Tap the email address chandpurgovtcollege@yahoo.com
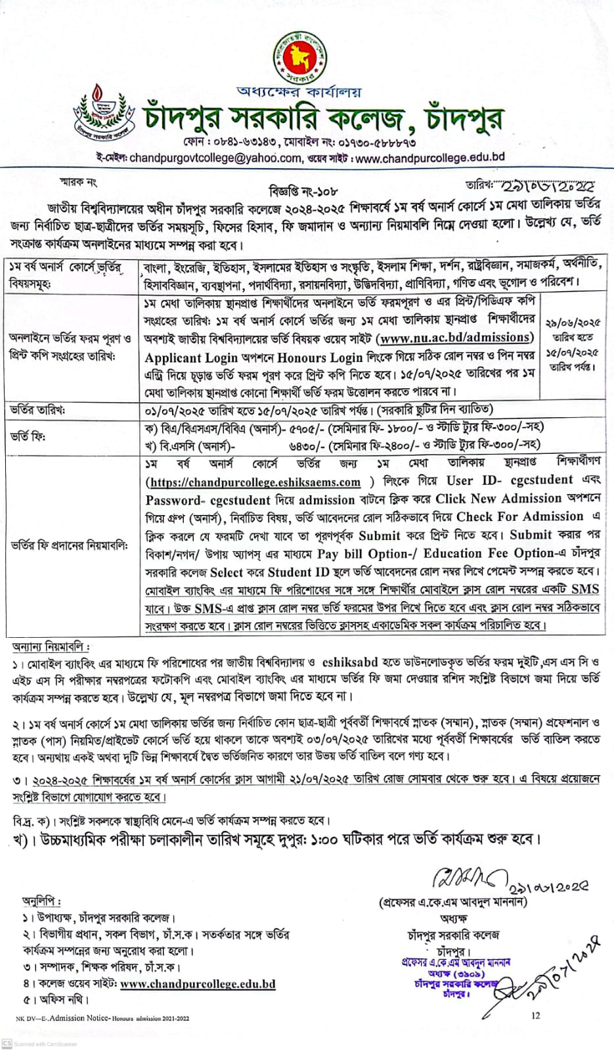coord(215,158)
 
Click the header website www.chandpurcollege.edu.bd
coord(429,158)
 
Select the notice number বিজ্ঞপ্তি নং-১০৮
coord(303,192)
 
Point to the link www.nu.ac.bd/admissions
coord(455,338)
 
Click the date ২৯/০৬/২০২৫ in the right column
coord(572,323)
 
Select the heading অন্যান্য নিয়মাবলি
coord(51,648)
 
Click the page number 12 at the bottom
coord(536,1016)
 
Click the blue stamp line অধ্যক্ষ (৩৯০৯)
coord(454,973)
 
